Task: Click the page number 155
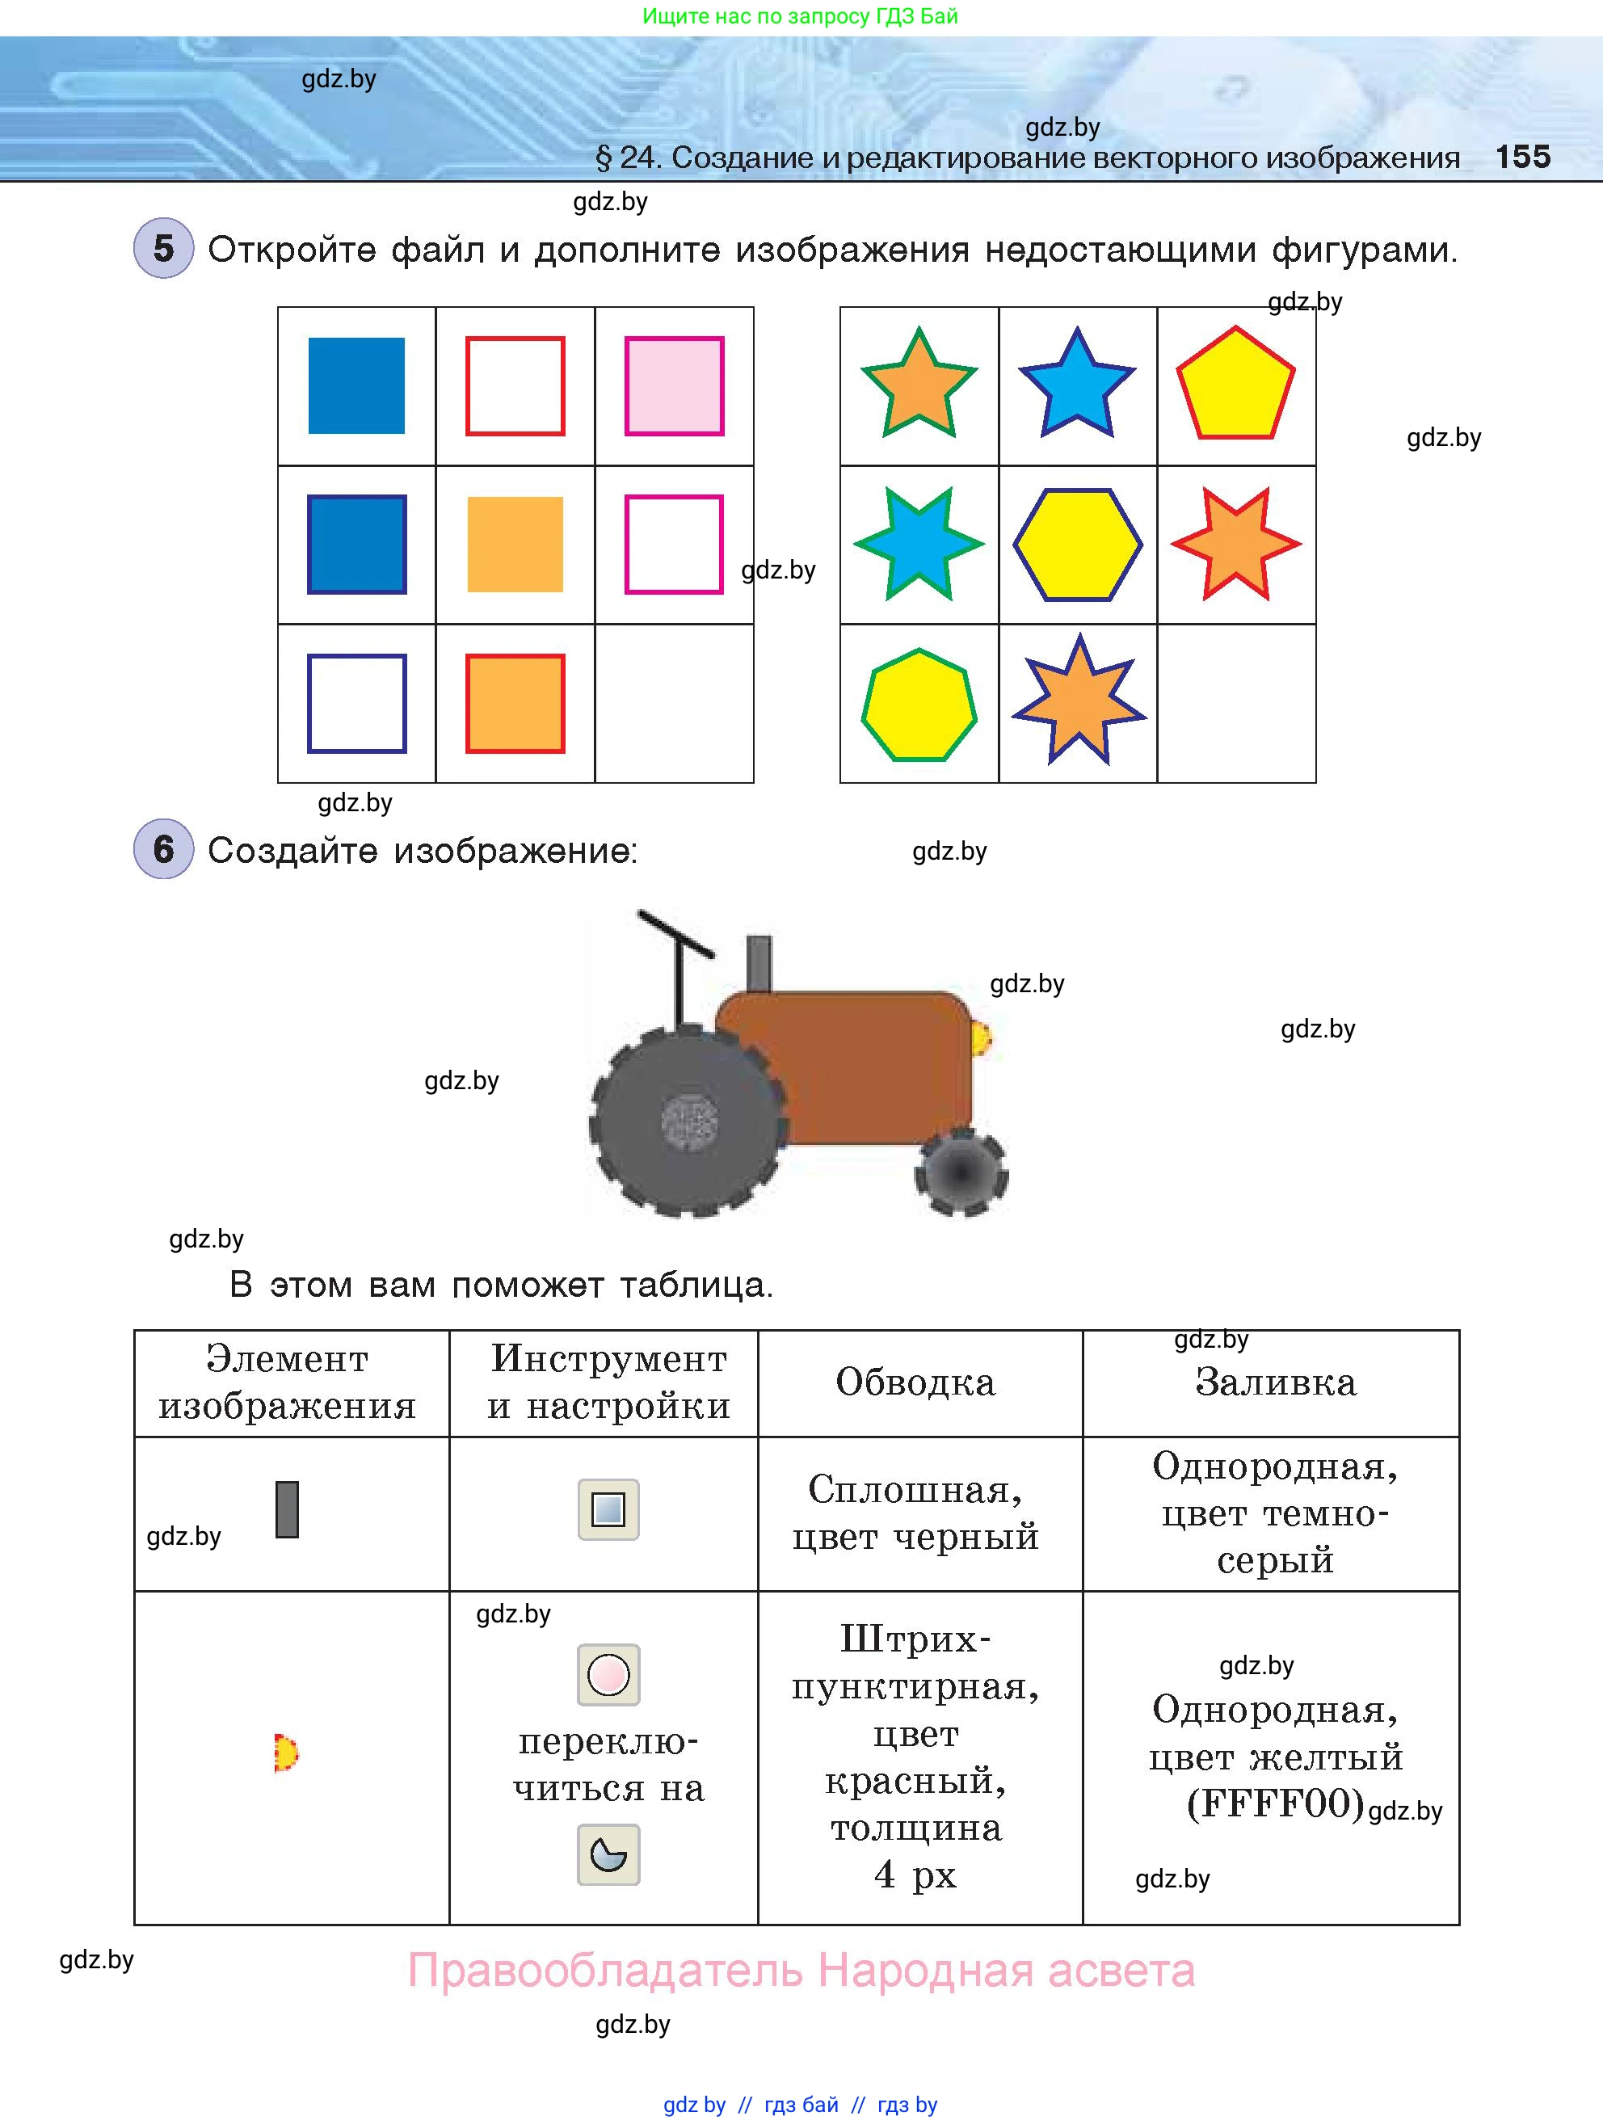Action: (1522, 157)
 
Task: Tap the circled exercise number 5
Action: (163, 249)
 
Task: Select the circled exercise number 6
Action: (163, 849)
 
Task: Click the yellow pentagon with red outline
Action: (1236, 385)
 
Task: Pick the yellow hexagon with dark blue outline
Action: (1078, 545)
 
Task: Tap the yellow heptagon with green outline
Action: (919, 705)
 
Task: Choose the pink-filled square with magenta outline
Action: (674, 386)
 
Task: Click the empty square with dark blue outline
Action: (356, 703)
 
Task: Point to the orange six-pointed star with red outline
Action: (1236, 544)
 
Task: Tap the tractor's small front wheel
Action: (961, 1172)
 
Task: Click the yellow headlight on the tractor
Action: (982, 1038)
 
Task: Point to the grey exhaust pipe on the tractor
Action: (759, 964)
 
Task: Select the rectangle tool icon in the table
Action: (608, 1509)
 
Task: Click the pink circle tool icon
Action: (608, 1674)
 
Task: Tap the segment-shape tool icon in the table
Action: (608, 1854)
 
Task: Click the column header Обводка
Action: (915, 1382)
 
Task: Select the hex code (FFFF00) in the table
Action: (1276, 1803)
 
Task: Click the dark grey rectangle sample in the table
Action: (287, 1509)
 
